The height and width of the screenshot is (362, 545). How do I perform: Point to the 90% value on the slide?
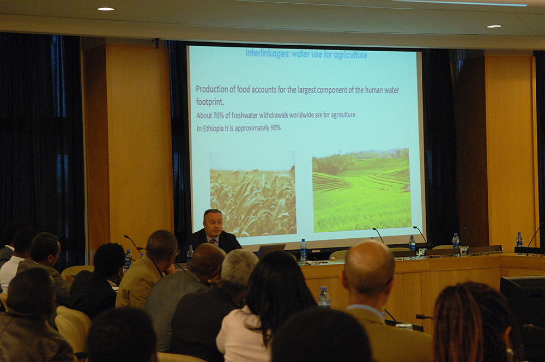[275, 128]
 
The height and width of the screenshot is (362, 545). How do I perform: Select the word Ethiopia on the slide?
[214, 128]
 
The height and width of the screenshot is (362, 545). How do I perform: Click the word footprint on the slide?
[210, 102]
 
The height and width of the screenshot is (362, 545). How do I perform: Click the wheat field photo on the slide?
[253, 194]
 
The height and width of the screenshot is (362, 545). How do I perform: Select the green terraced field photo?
[361, 190]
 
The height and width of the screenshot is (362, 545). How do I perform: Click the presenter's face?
[213, 223]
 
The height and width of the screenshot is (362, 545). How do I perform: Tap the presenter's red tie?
[213, 241]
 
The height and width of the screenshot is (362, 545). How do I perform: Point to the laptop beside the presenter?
[271, 250]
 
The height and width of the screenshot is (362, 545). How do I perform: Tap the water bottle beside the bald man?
[324, 297]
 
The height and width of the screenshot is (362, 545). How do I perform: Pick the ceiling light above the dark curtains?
[106, 9]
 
